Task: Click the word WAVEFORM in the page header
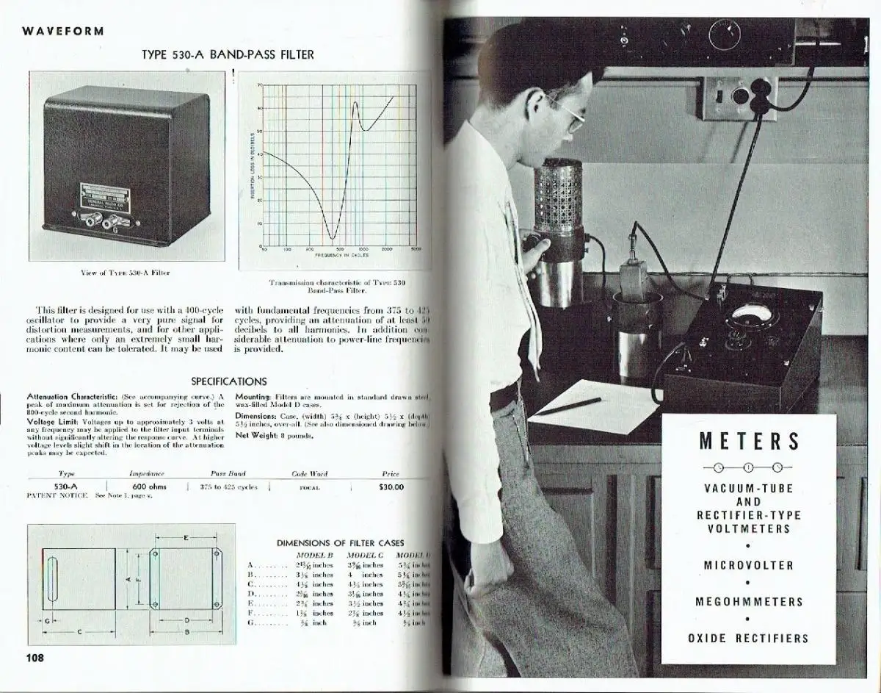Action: tap(63, 31)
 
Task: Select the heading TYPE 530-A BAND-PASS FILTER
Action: tap(228, 54)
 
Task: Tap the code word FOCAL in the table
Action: tap(309, 487)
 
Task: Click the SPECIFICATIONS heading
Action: tap(228, 381)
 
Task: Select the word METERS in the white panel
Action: tap(749, 441)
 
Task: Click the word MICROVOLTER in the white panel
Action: tap(749, 565)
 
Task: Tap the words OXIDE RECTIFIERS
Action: tap(749, 638)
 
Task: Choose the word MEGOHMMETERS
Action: tap(749, 602)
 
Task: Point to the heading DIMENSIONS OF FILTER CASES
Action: tap(340, 543)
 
